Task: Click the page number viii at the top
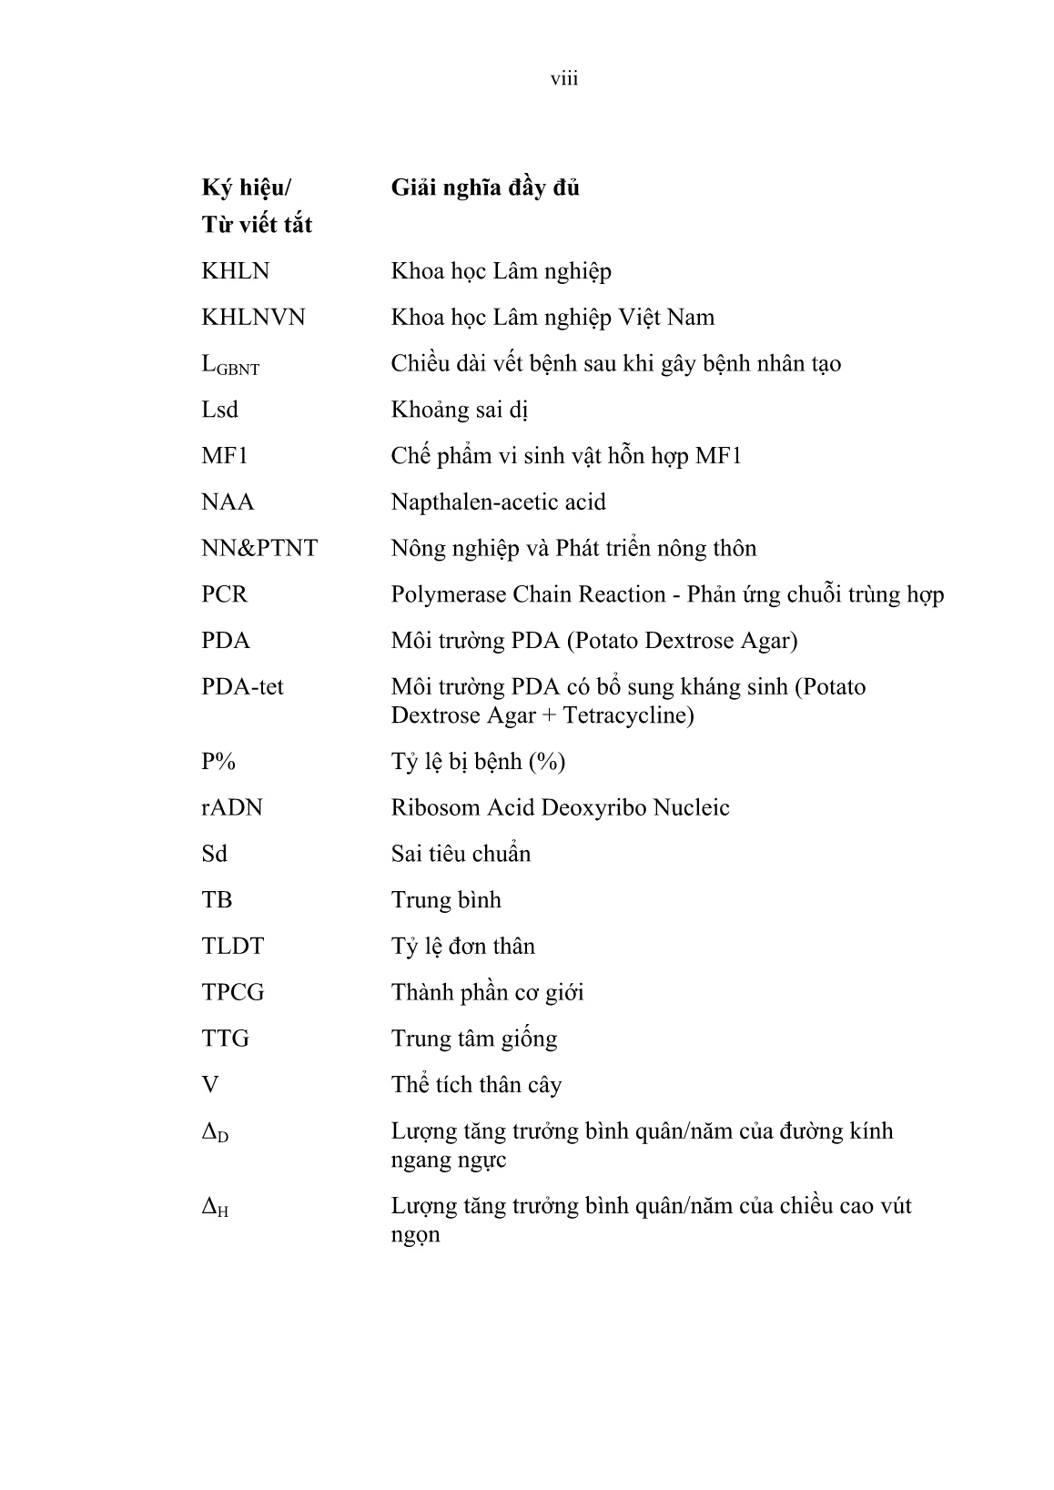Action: click(564, 79)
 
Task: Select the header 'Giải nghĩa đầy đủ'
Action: click(485, 188)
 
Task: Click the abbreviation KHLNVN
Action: click(253, 318)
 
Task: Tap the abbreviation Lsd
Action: click(219, 410)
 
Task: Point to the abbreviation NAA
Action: click(228, 502)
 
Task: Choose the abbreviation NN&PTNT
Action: click(259, 549)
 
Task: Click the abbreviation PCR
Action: click(224, 594)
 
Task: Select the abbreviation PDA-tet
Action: click(242, 687)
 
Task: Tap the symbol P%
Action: click(218, 762)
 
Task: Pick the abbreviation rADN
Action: click(231, 808)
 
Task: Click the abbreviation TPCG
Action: click(232, 992)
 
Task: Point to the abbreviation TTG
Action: click(225, 1039)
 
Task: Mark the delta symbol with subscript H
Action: click(215, 1208)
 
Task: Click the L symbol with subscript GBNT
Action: click(229, 365)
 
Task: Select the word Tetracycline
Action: click(628, 715)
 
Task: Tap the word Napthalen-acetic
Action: click(469, 502)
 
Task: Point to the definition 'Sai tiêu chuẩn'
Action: click(461, 854)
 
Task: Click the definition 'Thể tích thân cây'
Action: click(476, 1085)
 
